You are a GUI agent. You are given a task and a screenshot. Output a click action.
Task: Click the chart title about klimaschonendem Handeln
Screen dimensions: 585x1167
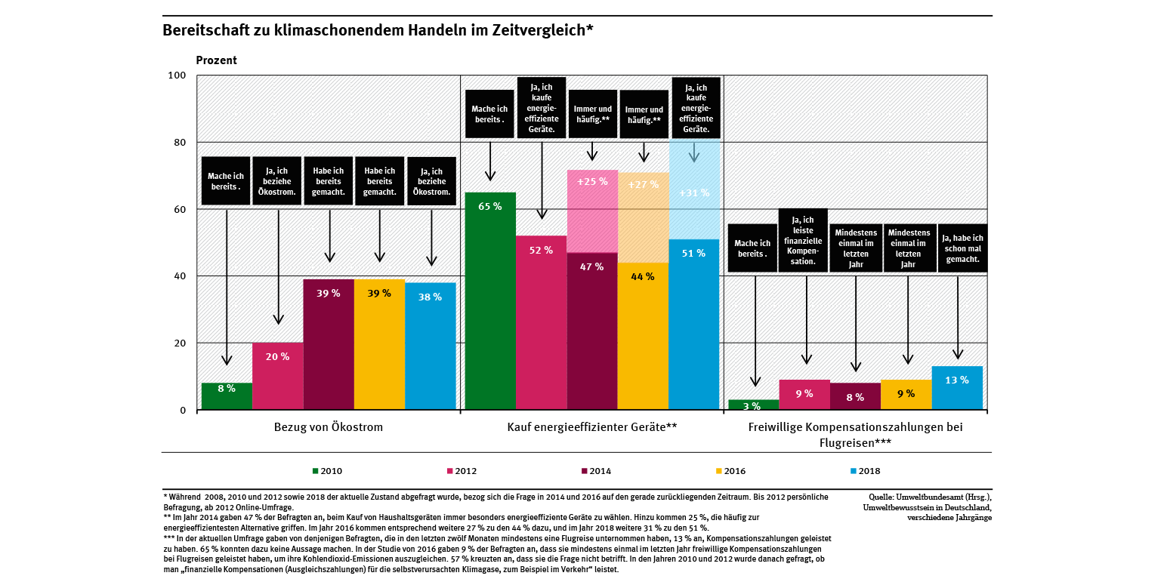coord(378,31)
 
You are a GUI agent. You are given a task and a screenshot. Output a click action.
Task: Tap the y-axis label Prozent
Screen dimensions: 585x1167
coord(216,60)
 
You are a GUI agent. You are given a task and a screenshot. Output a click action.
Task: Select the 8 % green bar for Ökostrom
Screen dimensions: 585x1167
coord(227,396)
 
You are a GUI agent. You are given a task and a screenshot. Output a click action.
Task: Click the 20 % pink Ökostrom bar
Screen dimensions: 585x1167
coord(277,376)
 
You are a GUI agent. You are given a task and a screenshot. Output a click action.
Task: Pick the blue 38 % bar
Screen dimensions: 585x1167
coord(431,346)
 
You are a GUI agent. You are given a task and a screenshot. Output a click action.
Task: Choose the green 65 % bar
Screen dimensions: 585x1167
coord(490,301)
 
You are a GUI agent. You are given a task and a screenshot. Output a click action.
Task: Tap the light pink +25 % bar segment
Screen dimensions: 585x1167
coord(592,211)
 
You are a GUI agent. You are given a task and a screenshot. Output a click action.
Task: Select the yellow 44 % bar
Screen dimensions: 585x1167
coord(644,336)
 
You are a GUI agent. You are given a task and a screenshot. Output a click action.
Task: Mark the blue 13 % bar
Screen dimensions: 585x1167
coord(957,388)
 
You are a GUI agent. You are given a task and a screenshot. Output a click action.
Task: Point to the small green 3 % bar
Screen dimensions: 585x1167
coord(753,405)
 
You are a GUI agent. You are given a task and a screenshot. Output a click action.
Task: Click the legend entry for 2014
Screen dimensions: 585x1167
coord(596,471)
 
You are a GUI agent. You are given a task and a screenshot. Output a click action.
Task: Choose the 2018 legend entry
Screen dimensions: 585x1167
coord(865,471)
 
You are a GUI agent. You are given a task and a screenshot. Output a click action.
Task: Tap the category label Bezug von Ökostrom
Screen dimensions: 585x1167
coord(329,427)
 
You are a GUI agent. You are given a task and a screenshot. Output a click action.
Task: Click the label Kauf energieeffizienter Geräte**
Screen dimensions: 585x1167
coord(592,427)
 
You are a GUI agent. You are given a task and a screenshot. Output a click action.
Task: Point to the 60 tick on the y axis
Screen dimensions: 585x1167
coord(179,209)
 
